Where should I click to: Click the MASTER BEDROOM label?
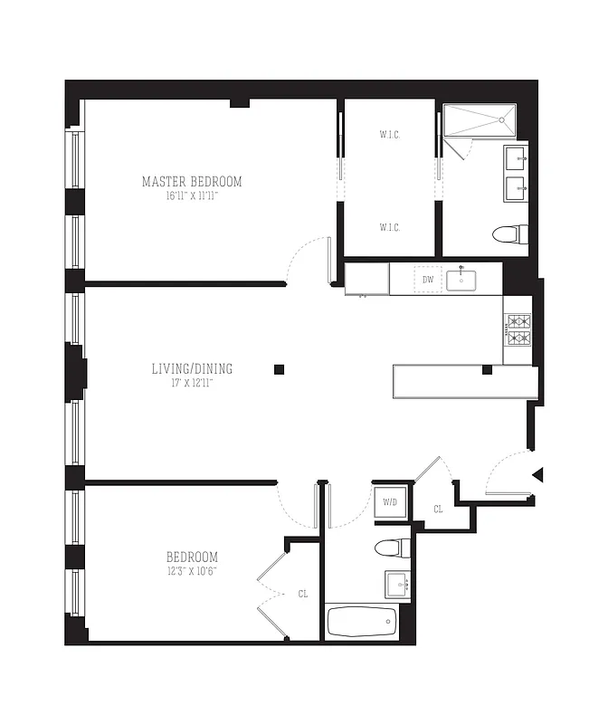point(192,181)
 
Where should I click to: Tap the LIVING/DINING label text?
point(192,368)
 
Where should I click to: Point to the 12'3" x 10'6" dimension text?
point(192,571)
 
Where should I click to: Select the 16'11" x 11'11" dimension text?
point(192,195)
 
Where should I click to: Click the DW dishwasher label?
point(428,280)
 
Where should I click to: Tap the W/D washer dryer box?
point(391,501)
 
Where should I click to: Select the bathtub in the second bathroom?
point(362,622)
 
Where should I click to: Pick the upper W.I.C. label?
point(390,136)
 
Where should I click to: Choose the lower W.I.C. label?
point(390,227)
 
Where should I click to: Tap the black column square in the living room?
point(280,369)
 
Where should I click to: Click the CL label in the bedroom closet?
point(303,594)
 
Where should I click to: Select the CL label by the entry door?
point(439,510)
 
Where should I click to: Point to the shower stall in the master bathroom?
point(480,120)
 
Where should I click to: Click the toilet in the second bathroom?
point(391,548)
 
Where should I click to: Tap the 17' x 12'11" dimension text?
point(192,382)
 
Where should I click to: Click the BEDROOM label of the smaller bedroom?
point(192,557)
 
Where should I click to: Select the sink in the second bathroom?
point(397,584)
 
